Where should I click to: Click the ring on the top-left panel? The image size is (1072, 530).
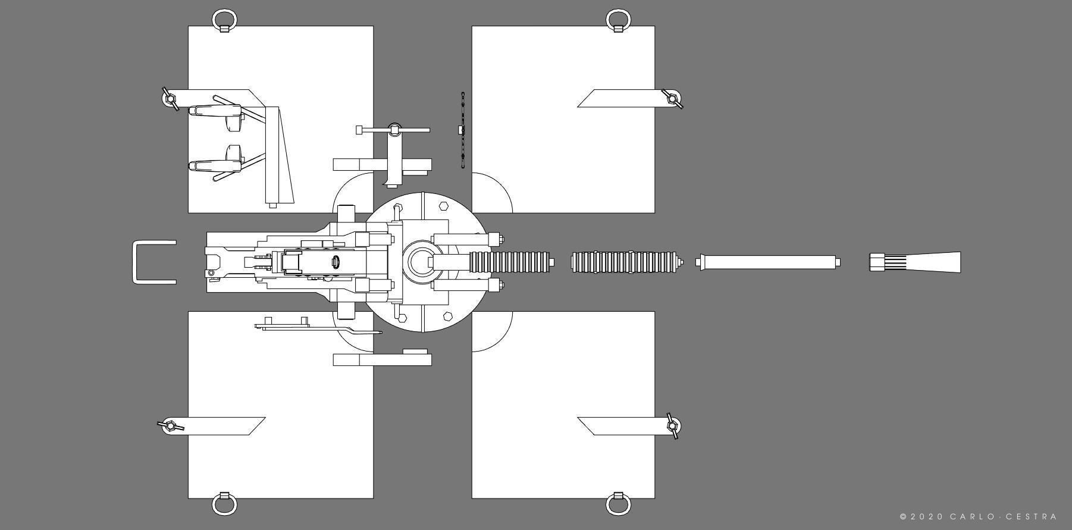[224, 18]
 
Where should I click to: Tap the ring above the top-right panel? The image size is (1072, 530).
[618, 18]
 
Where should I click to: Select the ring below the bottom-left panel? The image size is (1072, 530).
[224, 505]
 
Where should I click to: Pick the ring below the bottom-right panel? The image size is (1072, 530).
[618, 505]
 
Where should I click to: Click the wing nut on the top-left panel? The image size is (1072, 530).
[170, 98]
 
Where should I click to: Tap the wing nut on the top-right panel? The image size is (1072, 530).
[673, 98]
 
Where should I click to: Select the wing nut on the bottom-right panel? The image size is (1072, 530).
[673, 426]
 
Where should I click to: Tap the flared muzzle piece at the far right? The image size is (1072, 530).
[916, 262]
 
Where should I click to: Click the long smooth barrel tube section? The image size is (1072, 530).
[767, 262]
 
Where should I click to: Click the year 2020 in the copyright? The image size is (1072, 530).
[926, 517]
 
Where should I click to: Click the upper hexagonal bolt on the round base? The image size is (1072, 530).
[443, 206]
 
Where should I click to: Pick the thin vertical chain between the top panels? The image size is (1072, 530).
[462, 130]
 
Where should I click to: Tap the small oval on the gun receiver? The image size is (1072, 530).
[336, 262]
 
